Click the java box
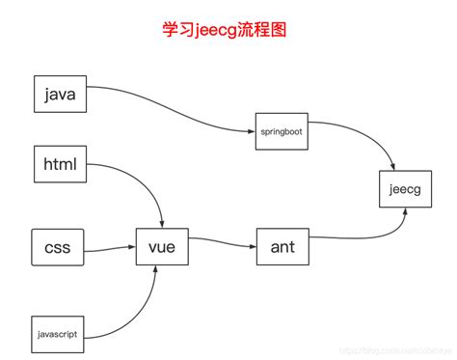click(60, 95)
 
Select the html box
click(60, 163)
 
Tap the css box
click(57, 246)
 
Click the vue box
click(160, 246)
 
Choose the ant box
click(282, 246)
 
